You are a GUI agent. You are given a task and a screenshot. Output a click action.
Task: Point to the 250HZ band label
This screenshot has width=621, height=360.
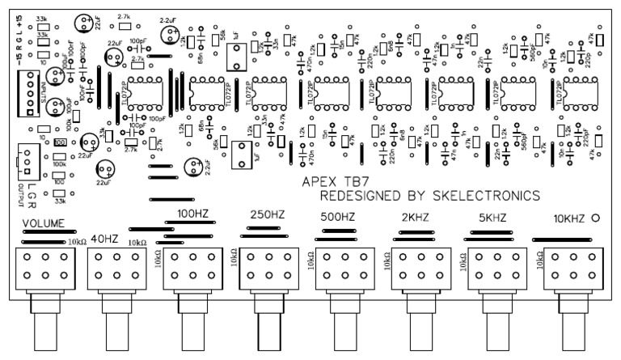click(x=268, y=215)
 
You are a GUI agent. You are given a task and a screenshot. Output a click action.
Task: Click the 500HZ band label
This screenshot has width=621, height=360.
click(x=339, y=217)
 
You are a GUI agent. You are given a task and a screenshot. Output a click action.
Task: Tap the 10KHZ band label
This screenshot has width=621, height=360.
click(x=569, y=218)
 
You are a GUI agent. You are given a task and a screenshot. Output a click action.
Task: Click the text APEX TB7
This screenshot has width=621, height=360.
click(x=333, y=182)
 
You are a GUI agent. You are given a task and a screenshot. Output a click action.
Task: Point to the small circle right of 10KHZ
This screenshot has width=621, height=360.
click(x=597, y=218)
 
